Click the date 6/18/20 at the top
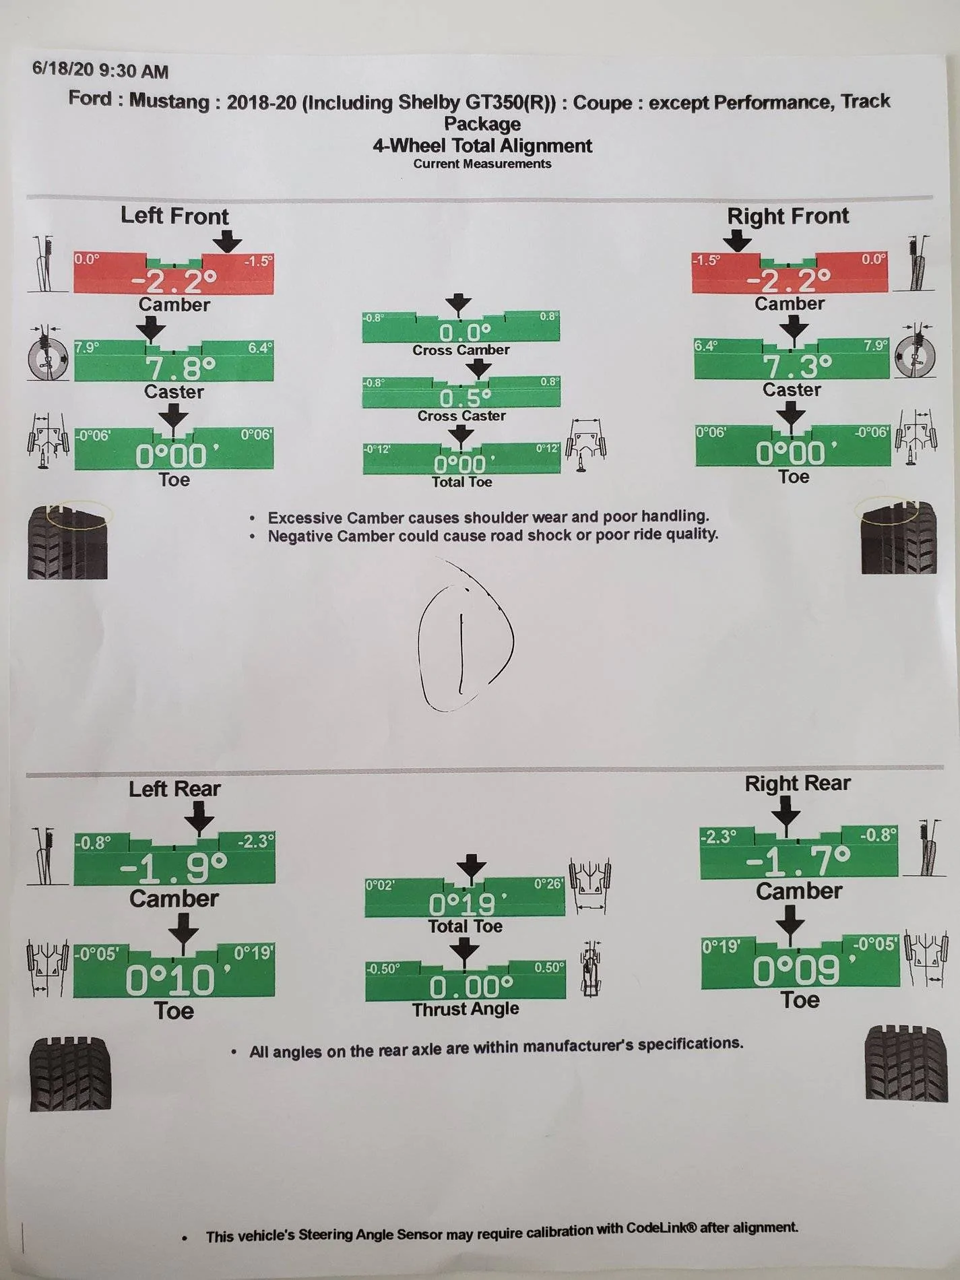(63, 69)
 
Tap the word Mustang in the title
(169, 101)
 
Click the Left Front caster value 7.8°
(181, 369)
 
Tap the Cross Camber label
(461, 350)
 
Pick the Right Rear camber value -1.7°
(798, 860)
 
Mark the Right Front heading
(788, 216)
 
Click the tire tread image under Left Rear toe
(70, 1074)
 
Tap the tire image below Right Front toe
(899, 537)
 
